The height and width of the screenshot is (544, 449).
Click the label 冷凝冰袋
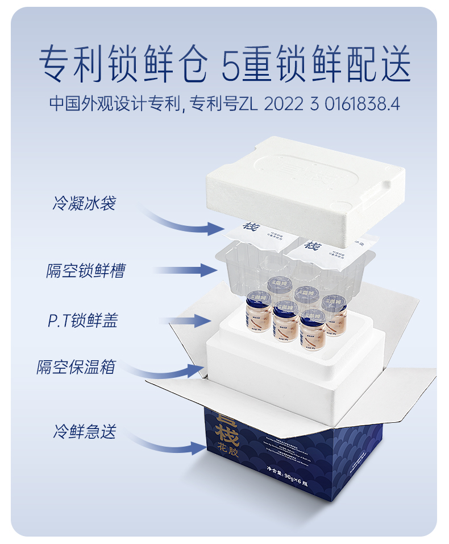tap(84, 203)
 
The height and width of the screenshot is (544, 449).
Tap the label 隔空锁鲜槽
tap(85, 270)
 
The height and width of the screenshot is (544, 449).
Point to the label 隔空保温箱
tap(76, 367)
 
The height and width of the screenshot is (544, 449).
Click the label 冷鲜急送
tap(85, 431)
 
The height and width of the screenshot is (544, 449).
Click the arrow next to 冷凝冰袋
tap(182, 222)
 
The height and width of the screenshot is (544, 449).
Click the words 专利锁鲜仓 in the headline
tap(123, 64)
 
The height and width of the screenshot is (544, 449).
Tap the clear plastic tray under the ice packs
tap(239, 267)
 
